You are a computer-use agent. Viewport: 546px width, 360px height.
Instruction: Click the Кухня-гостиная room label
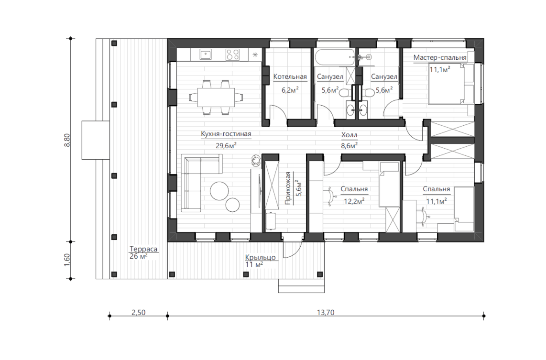[226, 134]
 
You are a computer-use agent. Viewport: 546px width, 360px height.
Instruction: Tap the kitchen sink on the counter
[206, 55]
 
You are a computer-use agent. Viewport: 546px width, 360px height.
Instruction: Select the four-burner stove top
[232, 55]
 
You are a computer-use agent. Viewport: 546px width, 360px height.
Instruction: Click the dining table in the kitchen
[216, 97]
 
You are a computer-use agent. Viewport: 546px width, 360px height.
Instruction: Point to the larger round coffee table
[219, 191]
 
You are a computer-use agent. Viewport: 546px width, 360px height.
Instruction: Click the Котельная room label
[290, 76]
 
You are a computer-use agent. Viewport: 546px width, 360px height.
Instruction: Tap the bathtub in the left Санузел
[334, 57]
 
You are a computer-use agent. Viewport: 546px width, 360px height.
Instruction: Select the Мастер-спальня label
[440, 57]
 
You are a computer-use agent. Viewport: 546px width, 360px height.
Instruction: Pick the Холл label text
[349, 135]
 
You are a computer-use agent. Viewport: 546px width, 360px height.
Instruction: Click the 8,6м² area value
[349, 145]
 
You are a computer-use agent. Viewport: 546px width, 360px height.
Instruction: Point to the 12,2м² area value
[354, 201]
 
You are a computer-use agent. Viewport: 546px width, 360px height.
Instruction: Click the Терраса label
[143, 249]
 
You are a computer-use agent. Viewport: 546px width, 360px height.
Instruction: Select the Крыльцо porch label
[261, 257]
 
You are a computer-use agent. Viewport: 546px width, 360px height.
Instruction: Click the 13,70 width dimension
[326, 313]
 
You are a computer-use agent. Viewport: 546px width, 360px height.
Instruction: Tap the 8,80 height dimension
[67, 140]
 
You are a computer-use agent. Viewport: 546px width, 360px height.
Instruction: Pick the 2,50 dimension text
[139, 313]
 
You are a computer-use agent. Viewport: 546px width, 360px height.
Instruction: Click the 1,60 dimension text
[67, 260]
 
